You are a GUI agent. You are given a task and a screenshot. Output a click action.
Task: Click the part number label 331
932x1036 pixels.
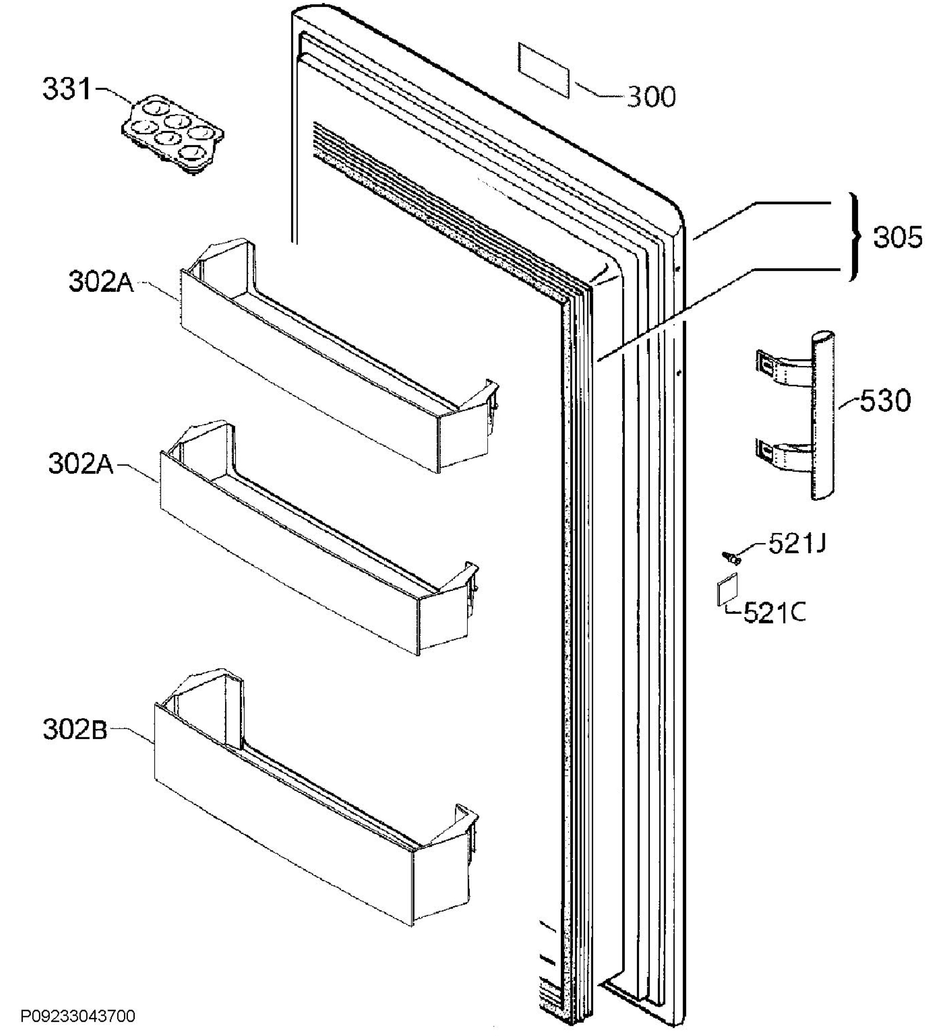(66, 88)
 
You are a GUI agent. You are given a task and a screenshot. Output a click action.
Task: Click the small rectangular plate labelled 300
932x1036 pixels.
(543, 69)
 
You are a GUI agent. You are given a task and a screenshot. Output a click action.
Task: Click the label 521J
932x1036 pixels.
(797, 543)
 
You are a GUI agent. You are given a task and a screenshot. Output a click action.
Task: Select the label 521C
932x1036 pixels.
(774, 613)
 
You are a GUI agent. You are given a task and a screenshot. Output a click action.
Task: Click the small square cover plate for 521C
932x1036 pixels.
(728, 589)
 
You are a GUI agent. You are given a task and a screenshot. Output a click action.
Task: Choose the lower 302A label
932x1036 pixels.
(80, 464)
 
